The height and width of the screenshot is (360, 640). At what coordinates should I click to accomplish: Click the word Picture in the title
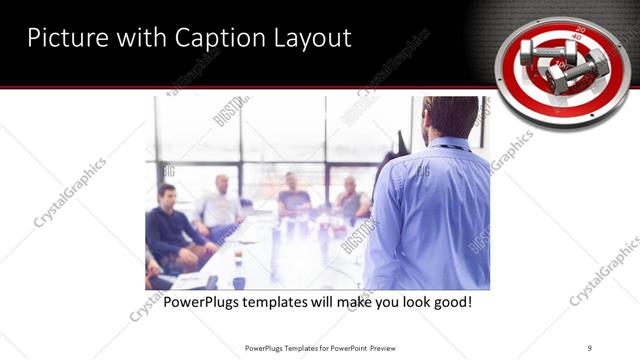pyautogui.click(x=65, y=39)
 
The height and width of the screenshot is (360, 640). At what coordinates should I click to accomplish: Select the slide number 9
pyautogui.click(x=590, y=347)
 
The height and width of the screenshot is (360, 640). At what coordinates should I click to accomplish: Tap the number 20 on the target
pyautogui.click(x=580, y=31)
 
